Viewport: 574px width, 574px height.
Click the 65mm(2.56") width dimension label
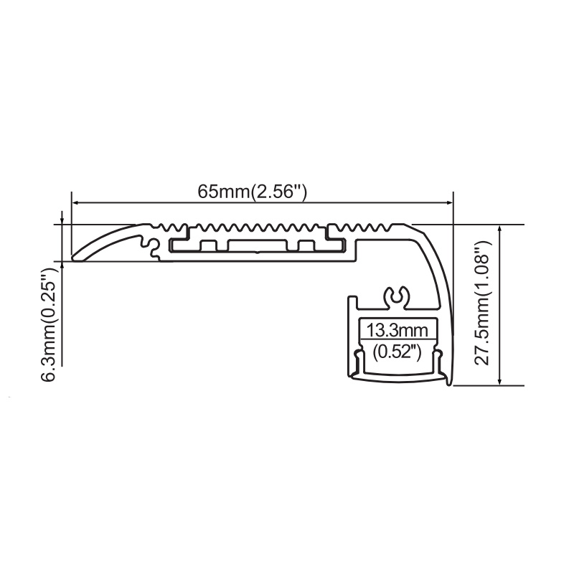[x=252, y=192]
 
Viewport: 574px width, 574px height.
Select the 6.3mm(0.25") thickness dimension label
[x=50, y=324]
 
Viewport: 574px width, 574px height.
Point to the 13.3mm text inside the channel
[x=397, y=330]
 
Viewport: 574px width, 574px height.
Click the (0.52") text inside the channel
[x=397, y=352]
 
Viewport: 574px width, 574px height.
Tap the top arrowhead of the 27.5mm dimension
[x=499, y=230]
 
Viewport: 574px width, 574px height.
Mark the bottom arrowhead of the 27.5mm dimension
[x=499, y=380]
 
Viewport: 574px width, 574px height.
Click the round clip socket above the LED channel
[x=397, y=297]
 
